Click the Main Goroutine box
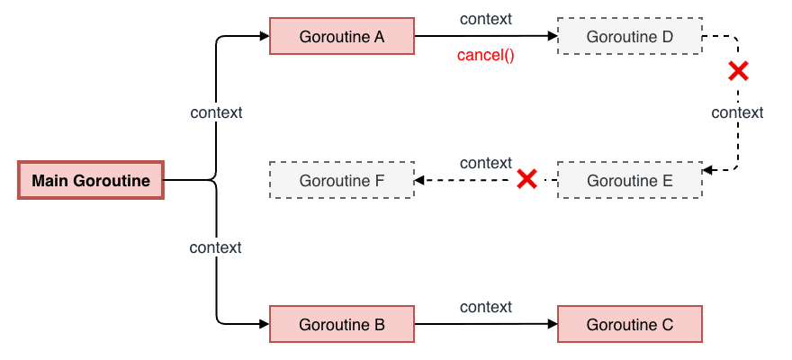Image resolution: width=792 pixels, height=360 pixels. [x=91, y=180]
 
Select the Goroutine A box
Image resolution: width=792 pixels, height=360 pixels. [x=342, y=37]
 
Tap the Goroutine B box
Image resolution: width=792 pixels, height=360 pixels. [x=342, y=325]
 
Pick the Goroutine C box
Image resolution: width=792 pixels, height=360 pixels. [x=630, y=325]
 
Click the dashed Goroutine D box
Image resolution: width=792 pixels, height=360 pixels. [x=630, y=37]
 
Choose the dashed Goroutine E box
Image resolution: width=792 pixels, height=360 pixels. [x=630, y=180]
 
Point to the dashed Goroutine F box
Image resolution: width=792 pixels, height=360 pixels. [x=342, y=180]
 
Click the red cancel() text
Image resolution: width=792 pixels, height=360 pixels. [x=485, y=56]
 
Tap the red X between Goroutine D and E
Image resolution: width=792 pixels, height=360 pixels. [x=738, y=71]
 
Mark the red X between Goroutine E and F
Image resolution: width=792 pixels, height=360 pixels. [x=527, y=180]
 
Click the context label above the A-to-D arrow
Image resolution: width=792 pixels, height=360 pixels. [x=486, y=19]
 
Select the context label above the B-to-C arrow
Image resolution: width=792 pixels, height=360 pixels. [x=486, y=307]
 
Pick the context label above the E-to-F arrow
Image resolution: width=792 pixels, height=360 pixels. [x=486, y=163]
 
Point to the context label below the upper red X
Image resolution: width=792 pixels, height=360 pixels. [x=737, y=112]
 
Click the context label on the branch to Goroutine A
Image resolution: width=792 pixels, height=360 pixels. [x=216, y=112]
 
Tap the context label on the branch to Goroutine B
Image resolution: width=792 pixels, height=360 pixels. [x=216, y=247]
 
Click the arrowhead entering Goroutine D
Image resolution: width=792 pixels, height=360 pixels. [x=552, y=37]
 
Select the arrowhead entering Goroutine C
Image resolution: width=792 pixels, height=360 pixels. [x=552, y=325]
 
